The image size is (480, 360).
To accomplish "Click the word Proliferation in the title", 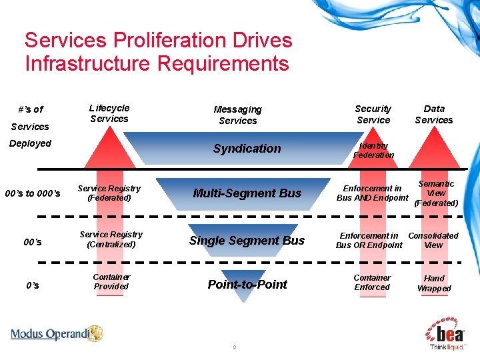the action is [167, 40].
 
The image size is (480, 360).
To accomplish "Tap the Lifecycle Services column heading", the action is [109, 113].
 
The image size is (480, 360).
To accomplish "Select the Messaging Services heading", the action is [238, 115].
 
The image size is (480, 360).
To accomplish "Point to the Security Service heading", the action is [373, 114].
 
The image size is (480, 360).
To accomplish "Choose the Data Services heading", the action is [434, 114].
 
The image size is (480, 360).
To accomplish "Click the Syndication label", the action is [247, 149].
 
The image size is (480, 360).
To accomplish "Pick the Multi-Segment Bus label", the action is [247, 193].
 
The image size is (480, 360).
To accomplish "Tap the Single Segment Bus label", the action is [247, 241].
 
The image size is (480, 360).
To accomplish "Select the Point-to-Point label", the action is [247, 285].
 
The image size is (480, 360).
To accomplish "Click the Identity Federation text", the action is [373, 151].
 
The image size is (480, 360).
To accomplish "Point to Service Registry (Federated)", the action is [110, 193].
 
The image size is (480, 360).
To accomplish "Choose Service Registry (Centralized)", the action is [111, 239].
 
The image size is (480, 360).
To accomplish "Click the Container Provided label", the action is [111, 282].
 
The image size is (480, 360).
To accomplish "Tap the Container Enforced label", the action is [372, 283].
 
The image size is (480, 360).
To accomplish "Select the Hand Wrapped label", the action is [434, 283].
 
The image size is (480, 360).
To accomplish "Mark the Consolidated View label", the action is [433, 240].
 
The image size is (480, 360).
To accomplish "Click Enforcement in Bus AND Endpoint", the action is [372, 193].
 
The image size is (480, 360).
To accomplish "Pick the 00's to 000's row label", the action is [33, 194].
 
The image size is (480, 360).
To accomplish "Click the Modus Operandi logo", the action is [57, 334].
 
